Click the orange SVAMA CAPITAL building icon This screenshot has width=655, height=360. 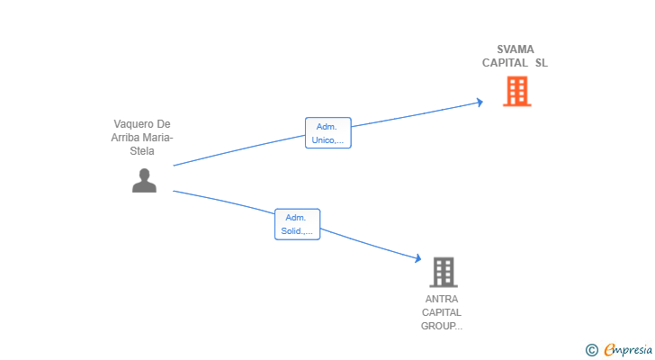(x=516, y=91)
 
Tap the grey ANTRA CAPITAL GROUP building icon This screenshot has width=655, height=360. (x=443, y=272)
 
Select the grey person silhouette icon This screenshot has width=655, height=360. (x=144, y=180)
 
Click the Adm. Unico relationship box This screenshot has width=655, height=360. (x=327, y=133)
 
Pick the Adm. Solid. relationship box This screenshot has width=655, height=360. (x=297, y=224)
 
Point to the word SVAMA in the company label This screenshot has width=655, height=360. (x=515, y=49)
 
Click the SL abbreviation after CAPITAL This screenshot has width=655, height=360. (x=541, y=63)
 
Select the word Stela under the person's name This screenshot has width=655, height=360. (x=143, y=151)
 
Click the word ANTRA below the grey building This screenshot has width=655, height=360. (x=442, y=299)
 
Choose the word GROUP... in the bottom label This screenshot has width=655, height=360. (x=442, y=326)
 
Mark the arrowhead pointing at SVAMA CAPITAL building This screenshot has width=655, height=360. (x=480, y=102)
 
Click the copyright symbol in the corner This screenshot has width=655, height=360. (x=591, y=349)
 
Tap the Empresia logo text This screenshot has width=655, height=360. (x=623, y=349)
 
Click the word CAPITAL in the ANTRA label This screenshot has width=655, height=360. (x=442, y=312)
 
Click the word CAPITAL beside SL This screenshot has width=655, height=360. (x=504, y=63)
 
